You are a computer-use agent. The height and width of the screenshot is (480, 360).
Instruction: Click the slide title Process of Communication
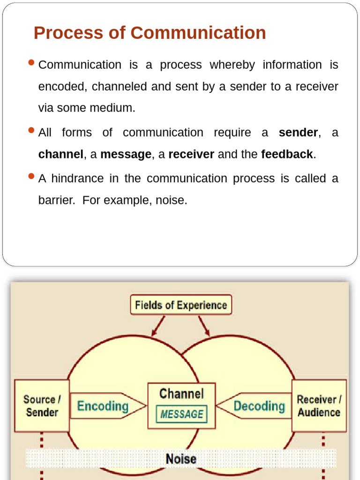[x=150, y=33]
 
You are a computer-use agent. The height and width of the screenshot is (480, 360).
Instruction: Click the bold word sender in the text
[x=298, y=133]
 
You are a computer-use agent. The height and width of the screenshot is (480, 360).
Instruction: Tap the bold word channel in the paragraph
[x=60, y=154]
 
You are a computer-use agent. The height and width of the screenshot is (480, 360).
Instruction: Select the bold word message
[x=126, y=154]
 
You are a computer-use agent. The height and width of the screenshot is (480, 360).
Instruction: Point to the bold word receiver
[x=191, y=154]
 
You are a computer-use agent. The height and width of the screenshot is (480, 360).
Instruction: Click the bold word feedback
[x=287, y=154]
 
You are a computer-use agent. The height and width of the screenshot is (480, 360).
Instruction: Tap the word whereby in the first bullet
[x=232, y=65]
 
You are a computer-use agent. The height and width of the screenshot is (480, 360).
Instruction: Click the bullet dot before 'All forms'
[x=32, y=130]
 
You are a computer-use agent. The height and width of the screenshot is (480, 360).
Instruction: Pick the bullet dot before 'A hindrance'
[x=32, y=176]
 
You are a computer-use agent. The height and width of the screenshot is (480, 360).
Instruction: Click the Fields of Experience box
[x=181, y=305]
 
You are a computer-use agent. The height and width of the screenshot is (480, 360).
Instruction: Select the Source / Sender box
[x=42, y=406]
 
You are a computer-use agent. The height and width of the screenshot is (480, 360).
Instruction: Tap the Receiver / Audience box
[x=319, y=406]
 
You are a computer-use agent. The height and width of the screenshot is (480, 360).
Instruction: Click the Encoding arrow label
[x=103, y=406]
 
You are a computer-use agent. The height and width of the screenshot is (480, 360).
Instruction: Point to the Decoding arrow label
[x=259, y=406]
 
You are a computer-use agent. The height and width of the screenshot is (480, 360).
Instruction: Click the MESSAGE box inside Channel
[x=182, y=414]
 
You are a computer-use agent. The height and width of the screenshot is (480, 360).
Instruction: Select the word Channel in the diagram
[x=182, y=394]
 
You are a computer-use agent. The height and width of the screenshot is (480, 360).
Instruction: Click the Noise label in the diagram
[x=181, y=459]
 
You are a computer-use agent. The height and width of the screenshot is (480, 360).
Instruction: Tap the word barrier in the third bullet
[x=56, y=200]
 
